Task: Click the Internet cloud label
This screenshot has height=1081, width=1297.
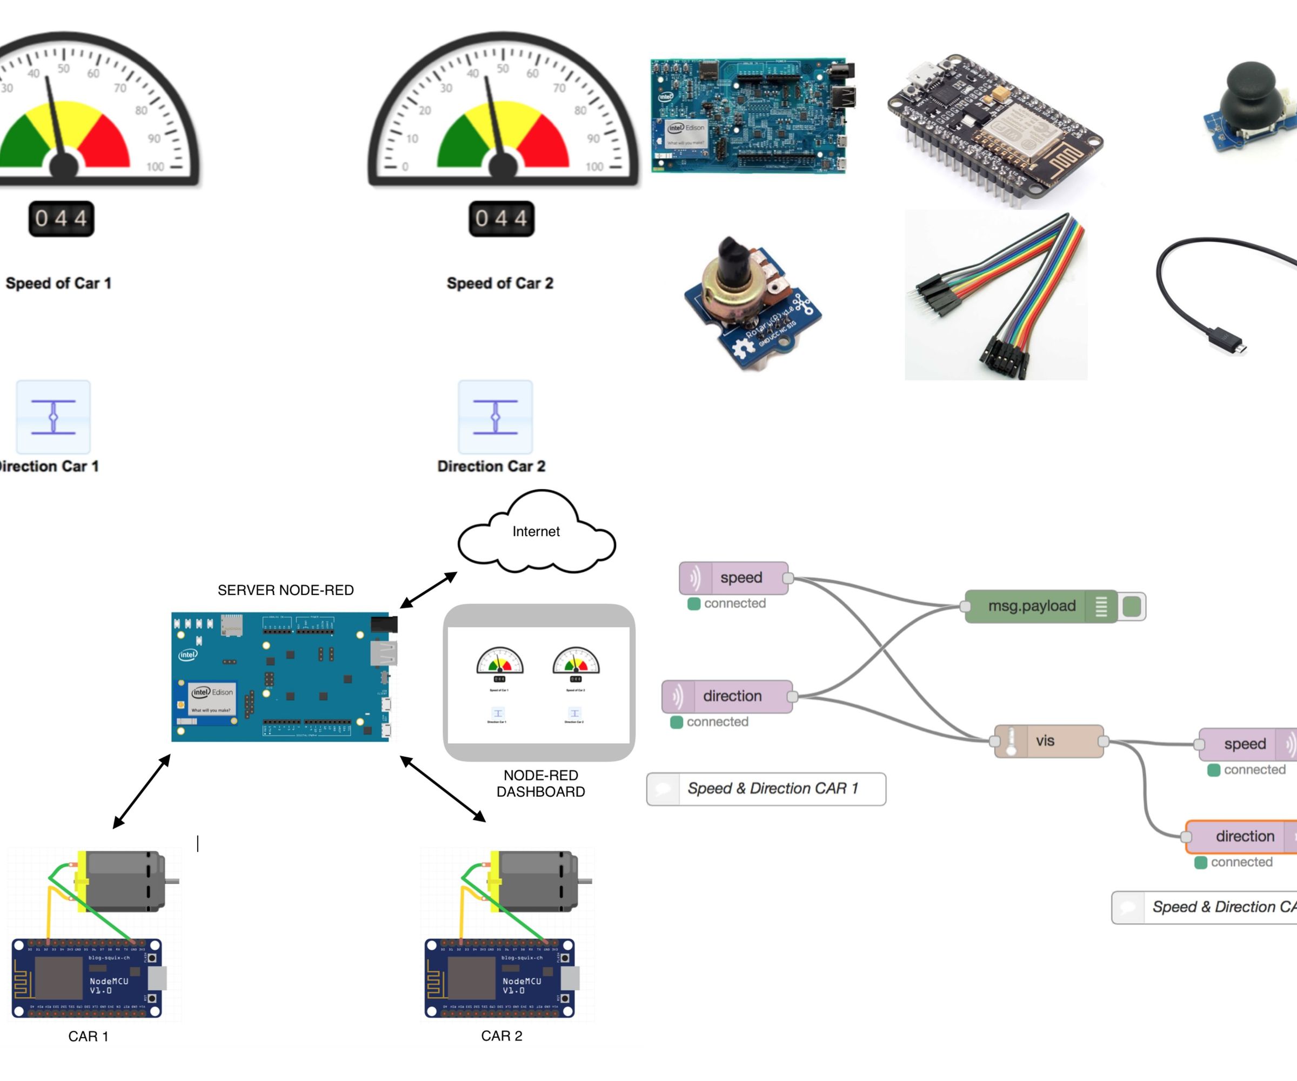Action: [536, 531]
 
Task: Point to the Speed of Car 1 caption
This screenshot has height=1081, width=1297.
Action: [59, 283]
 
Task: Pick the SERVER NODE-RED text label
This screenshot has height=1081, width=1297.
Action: [285, 590]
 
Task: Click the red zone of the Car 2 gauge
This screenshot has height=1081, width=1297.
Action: [544, 142]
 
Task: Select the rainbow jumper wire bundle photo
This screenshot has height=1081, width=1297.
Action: [995, 295]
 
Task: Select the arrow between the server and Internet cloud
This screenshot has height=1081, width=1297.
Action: [428, 590]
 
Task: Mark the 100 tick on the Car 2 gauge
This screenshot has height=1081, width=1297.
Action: [594, 166]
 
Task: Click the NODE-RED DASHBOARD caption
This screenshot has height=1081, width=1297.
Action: [540, 783]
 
